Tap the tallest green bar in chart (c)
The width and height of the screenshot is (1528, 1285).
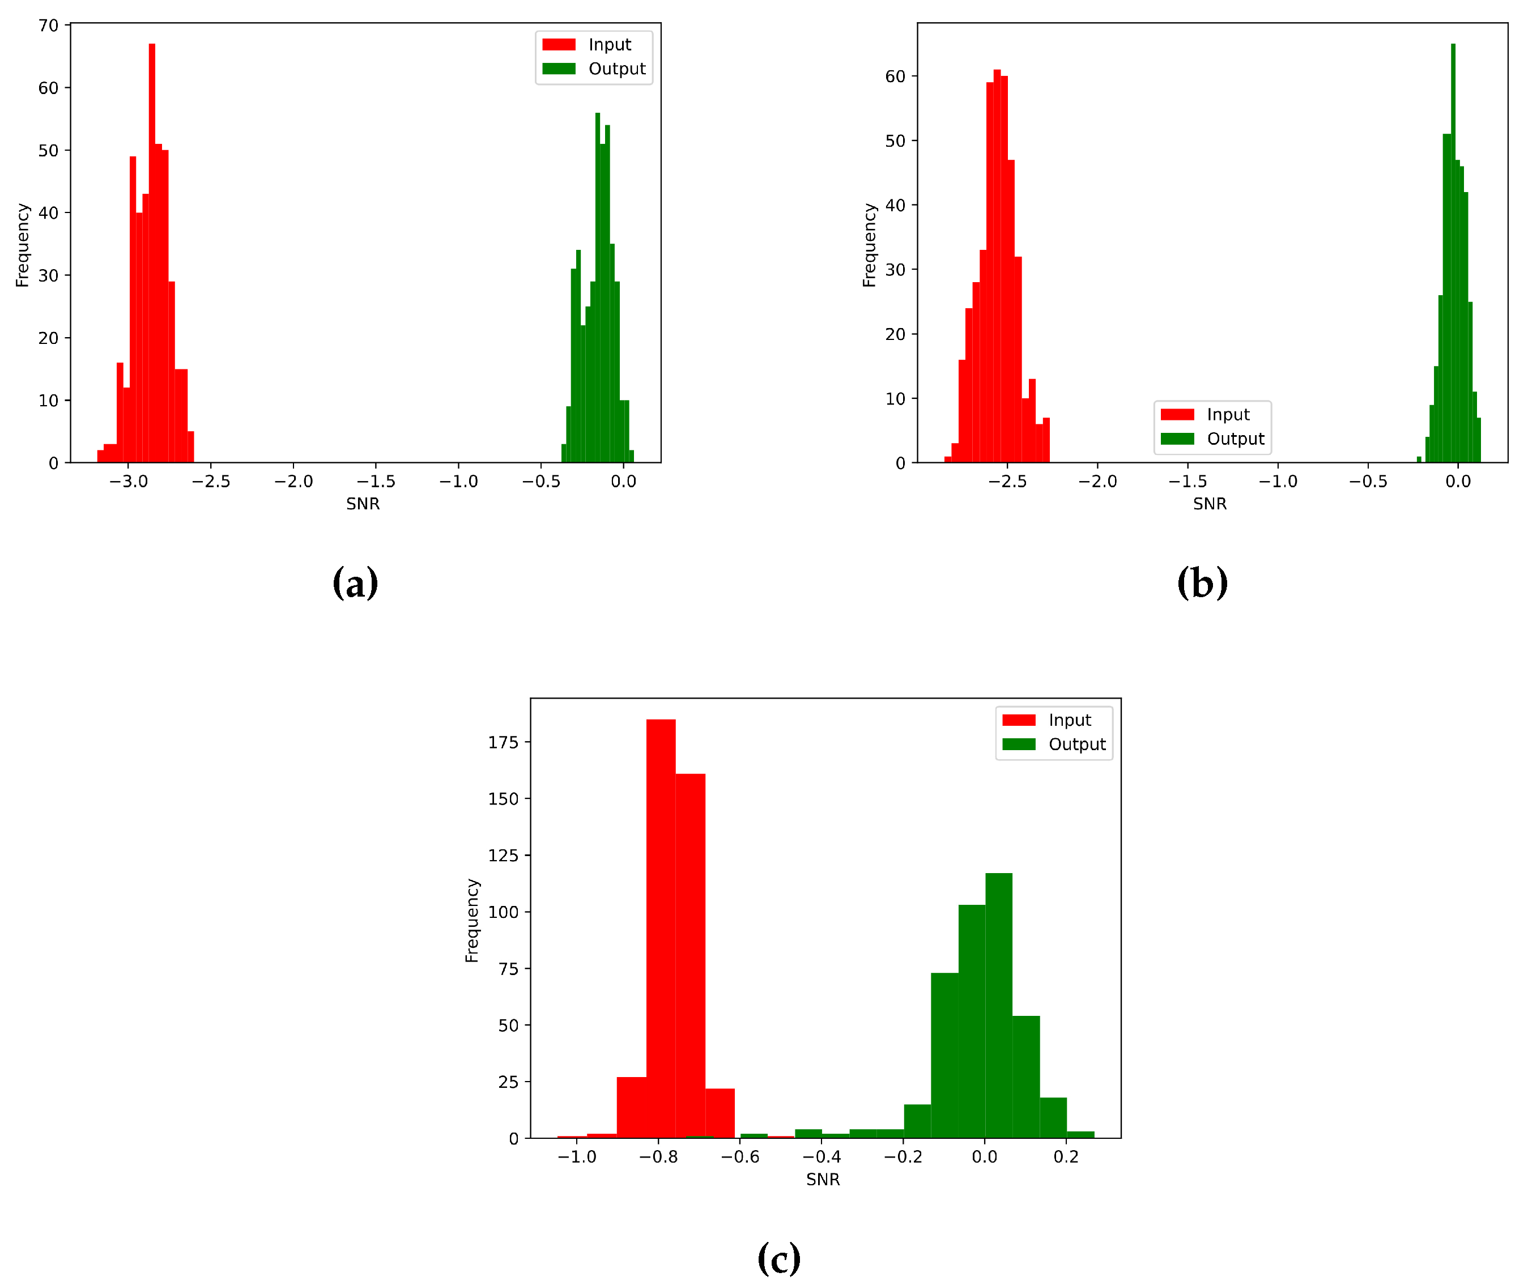[998, 1005]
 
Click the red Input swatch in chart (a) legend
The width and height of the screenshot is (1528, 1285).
[559, 44]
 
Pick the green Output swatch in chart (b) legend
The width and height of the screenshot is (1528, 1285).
[1177, 439]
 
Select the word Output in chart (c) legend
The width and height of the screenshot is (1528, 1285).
[1076, 744]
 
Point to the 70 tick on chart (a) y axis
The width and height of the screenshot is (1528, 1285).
[48, 25]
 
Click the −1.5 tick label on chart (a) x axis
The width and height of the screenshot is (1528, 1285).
[376, 482]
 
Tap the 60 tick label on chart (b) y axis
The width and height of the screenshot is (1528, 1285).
[895, 76]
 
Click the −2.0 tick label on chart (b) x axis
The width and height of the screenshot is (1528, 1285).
[1097, 482]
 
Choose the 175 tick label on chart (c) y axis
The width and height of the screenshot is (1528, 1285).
[503, 742]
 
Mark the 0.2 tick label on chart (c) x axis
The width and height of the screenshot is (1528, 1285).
[1066, 1157]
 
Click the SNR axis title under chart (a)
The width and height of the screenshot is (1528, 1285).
[363, 504]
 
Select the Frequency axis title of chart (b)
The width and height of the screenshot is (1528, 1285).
[869, 245]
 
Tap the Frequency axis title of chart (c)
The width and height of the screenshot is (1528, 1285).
[472, 921]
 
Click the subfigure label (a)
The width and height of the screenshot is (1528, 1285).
[355, 583]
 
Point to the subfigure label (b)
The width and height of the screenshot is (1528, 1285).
[1202, 583]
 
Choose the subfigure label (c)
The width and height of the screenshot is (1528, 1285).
[778, 1258]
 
